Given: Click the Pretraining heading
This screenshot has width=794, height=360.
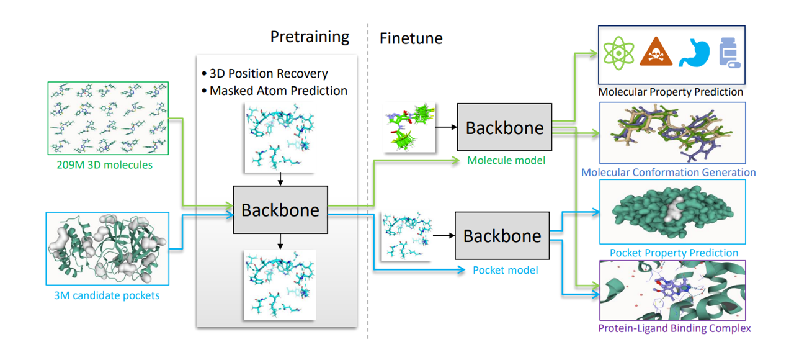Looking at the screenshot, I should [x=310, y=37].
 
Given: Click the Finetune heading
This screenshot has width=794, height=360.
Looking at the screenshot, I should [x=411, y=38].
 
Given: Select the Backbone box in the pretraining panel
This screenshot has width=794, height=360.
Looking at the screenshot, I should [x=280, y=210].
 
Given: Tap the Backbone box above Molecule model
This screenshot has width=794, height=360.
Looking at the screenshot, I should [x=504, y=128].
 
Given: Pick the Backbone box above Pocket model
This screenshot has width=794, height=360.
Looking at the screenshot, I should [x=502, y=235].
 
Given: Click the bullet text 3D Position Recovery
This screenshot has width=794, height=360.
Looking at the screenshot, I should [x=269, y=74].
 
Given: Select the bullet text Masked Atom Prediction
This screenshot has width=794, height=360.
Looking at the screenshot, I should [x=278, y=91].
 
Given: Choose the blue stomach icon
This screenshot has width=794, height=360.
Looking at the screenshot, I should [x=692, y=53].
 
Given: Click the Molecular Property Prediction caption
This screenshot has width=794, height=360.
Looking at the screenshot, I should [x=671, y=92].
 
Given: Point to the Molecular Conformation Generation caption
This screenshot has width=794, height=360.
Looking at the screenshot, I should [x=668, y=172].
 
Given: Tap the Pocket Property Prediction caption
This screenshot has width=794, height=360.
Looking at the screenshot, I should [x=674, y=253].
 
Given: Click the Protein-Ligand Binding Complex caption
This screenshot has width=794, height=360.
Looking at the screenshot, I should [x=674, y=328].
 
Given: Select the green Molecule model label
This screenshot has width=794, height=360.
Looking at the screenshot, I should [x=506, y=160].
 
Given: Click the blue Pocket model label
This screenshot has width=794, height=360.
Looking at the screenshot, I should [x=505, y=270].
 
